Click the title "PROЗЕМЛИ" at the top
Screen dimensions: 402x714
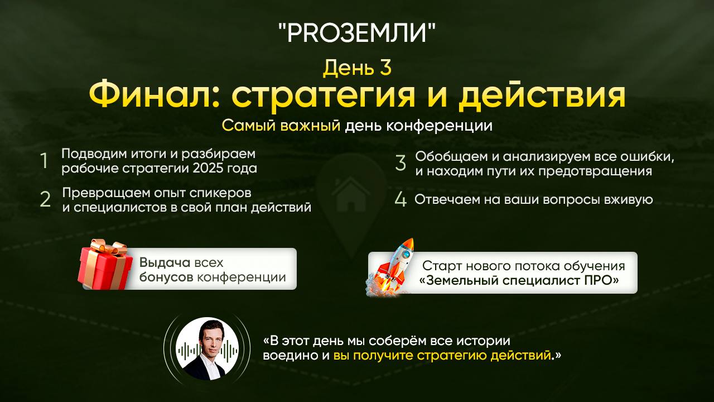point(356,33)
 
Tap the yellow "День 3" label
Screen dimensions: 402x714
point(357,68)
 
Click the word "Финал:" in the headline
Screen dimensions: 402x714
point(155,96)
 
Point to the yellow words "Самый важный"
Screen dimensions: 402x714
point(281,126)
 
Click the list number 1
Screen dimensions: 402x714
point(44,161)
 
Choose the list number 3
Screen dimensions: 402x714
point(401,163)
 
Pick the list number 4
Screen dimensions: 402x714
point(401,200)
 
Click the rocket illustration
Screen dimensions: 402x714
point(394,265)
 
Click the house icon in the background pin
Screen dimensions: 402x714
point(351,193)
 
